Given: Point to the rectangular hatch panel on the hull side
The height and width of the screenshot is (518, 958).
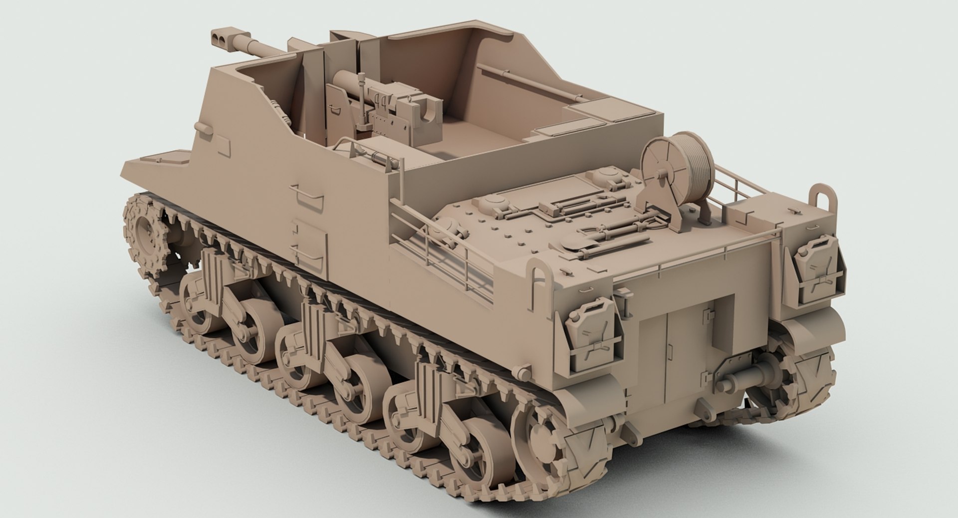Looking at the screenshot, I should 310,245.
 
